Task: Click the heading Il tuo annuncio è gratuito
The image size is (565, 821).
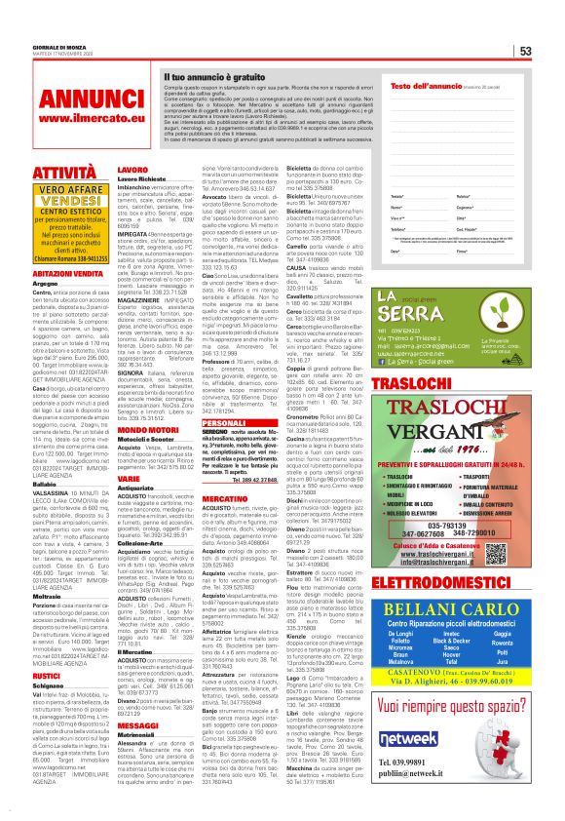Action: tap(215, 75)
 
